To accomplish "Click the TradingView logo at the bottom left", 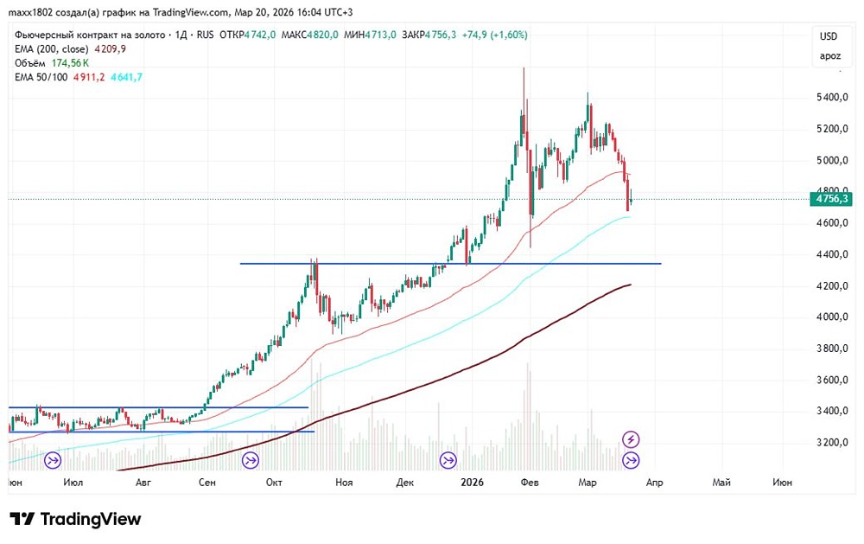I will click(75, 519).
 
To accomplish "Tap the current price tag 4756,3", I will click(831, 199).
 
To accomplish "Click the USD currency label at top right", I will click(829, 36).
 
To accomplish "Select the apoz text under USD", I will click(829, 56).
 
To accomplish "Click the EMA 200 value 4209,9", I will click(111, 49).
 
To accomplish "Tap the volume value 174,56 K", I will click(71, 63).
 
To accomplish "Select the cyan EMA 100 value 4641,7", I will click(128, 77).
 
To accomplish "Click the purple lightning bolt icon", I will click(632, 439).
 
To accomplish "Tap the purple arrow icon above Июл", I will click(53, 460).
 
